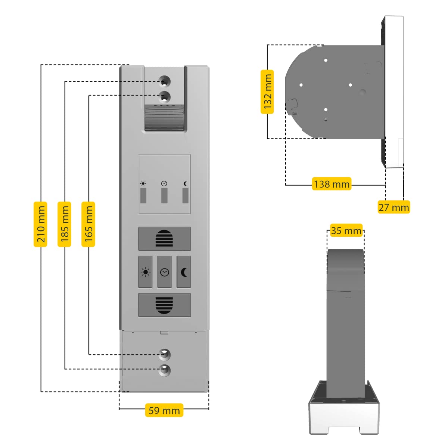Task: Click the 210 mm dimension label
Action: click(40, 224)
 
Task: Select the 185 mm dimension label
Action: click(64, 224)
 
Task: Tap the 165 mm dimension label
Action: click(88, 224)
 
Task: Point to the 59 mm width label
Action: click(164, 410)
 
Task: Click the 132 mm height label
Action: click(267, 92)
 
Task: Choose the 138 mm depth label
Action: click(332, 184)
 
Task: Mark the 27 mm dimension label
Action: click(393, 207)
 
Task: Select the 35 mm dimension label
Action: click(346, 231)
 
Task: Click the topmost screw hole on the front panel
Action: click(165, 81)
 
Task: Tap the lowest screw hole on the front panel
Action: click(165, 370)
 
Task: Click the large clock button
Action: click(165, 272)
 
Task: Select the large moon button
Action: click(184, 272)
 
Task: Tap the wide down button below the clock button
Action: click(165, 305)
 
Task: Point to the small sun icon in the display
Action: click(143, 184)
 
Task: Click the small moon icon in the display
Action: click(185, 184)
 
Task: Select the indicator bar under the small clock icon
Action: click(164, 196)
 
